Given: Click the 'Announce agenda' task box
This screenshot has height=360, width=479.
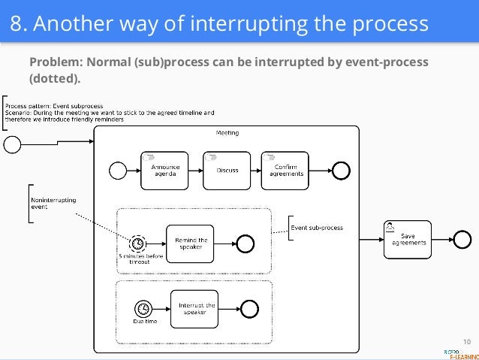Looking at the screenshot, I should (163, 171).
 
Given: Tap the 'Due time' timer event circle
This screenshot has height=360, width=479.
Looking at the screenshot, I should (143, 308).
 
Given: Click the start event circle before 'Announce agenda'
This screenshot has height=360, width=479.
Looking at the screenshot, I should (118, 171).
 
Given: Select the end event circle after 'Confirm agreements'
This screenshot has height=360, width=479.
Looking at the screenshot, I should (341, 171).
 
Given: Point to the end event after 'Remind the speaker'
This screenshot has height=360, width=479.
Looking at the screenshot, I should (246, 242).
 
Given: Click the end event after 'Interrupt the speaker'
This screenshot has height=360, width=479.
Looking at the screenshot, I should (249, 308).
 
